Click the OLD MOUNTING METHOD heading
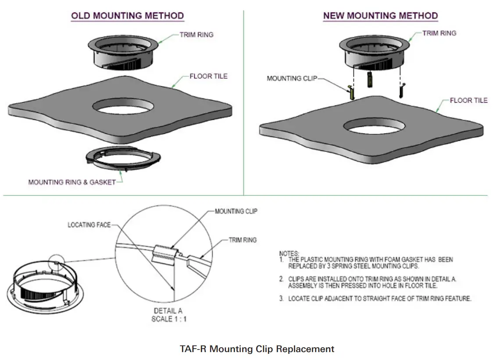(x=128, y=16)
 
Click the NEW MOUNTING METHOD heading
(x=380, y=16)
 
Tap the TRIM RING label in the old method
(x=196, y=35)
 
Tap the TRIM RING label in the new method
(x=439, y=33)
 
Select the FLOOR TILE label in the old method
(x=208, y=76)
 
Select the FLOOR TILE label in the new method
(x=468, y=101)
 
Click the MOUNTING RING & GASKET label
(x=71, y=182)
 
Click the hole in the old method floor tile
(x=123, y=107)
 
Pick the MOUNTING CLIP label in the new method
(x=291, y=79)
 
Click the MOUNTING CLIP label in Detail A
(x=236, y=211)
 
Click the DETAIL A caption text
(x=168, y=311)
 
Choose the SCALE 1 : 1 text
(x=169, y=319)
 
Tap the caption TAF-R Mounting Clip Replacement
(x=257, y=349)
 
